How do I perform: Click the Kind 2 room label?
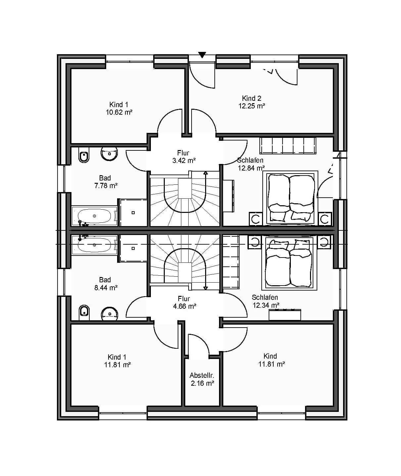pyautogui.click(x=251, y=98)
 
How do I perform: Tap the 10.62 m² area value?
pyautogui.click(x=119, y=112)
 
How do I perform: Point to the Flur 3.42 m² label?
pyautogui.click(x=184, y=157)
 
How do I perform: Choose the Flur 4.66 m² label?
pyautogui.click(x=184, y=302)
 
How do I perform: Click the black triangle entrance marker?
pyautogui.click(x=202, y=55)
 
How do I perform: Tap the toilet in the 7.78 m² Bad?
pyautogui.click(x=84, y=155)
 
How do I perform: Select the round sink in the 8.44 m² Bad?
pyautogui.click(x=110, y=314)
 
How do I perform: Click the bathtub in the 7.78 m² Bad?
pyautogui.click(x=95, y=216)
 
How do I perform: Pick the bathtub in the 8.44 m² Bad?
pyautogui.click(x=95, y=245)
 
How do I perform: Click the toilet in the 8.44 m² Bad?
pyautogui.click(x=84, y=313)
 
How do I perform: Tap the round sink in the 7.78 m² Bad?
pyautogui.click(x=109, y=154)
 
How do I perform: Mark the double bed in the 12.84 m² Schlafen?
pyautogui.click(x=290, y=198)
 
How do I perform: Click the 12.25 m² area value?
pyautogui.click(x=252, y=106)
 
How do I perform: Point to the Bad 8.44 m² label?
pyautogui.click(x=106, y=284)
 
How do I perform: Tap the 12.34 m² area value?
pyautogui.click(x=266, y=305)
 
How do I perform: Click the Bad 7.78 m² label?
pyautogui.click(x=106, y=182)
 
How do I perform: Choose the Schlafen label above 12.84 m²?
pyautogui.click(x=250, y=160)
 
